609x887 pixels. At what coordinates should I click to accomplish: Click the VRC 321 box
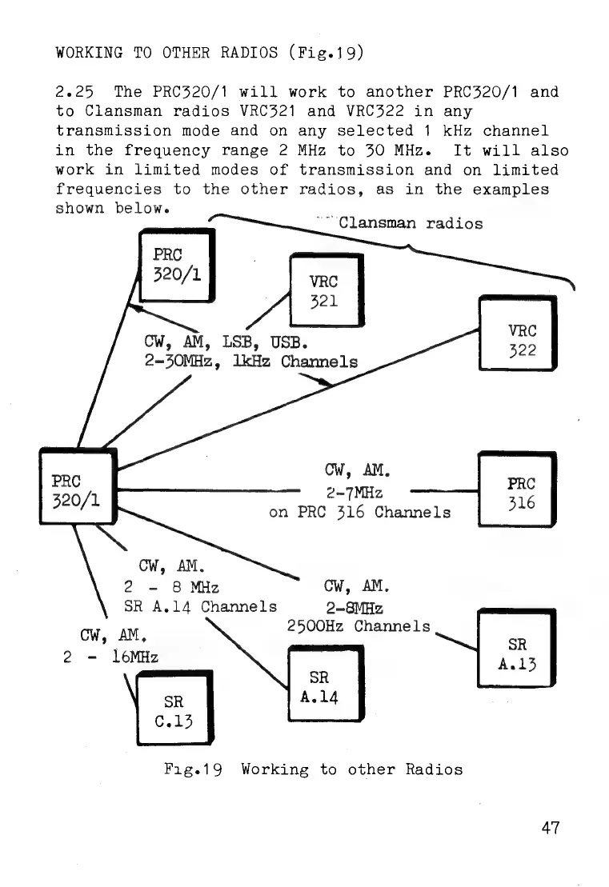coord(325,290)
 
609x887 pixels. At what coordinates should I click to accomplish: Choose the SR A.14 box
coord(325,687)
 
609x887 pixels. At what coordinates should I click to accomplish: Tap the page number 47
coord(551,828)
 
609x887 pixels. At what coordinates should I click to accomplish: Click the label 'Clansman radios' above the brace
coord(411,223)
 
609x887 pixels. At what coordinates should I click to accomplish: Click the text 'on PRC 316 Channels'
coord(360,512)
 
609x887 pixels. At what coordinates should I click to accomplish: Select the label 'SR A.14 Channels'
coord(200,605)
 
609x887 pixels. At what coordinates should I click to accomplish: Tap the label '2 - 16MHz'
coord(110,657)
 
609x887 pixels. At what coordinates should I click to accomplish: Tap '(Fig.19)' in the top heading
coord(327,54)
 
